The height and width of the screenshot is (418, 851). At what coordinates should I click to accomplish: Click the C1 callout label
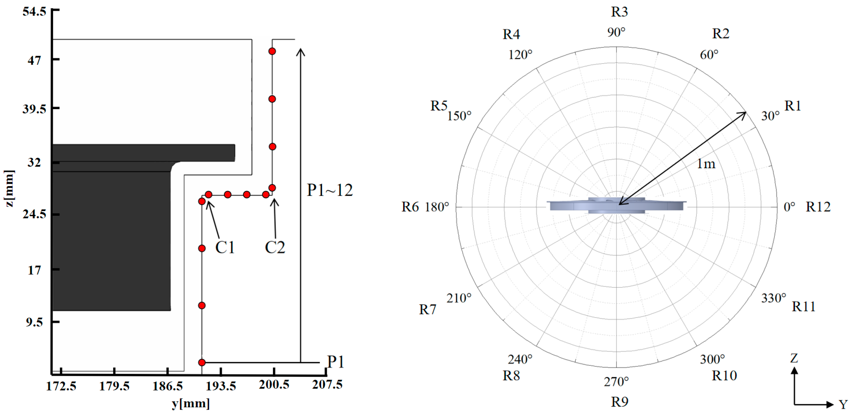coord(225,247)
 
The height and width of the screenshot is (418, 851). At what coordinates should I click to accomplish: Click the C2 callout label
coord(275,247)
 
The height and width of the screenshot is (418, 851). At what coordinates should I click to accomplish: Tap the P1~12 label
coord(330,190)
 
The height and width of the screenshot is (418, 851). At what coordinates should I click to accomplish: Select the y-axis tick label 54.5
coord(34,12)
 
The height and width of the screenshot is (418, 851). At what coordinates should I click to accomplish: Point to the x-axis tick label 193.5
coord(221,386)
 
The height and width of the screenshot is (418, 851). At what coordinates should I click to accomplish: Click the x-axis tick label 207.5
coord(327,384)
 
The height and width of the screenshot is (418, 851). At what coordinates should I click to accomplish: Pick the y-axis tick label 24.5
coord(34,214)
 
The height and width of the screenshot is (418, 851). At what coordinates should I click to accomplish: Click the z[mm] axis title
coord(9,188)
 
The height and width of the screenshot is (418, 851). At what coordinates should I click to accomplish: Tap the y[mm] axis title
coord(191,404)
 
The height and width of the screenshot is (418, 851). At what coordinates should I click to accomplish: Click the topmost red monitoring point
coord(272,51)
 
